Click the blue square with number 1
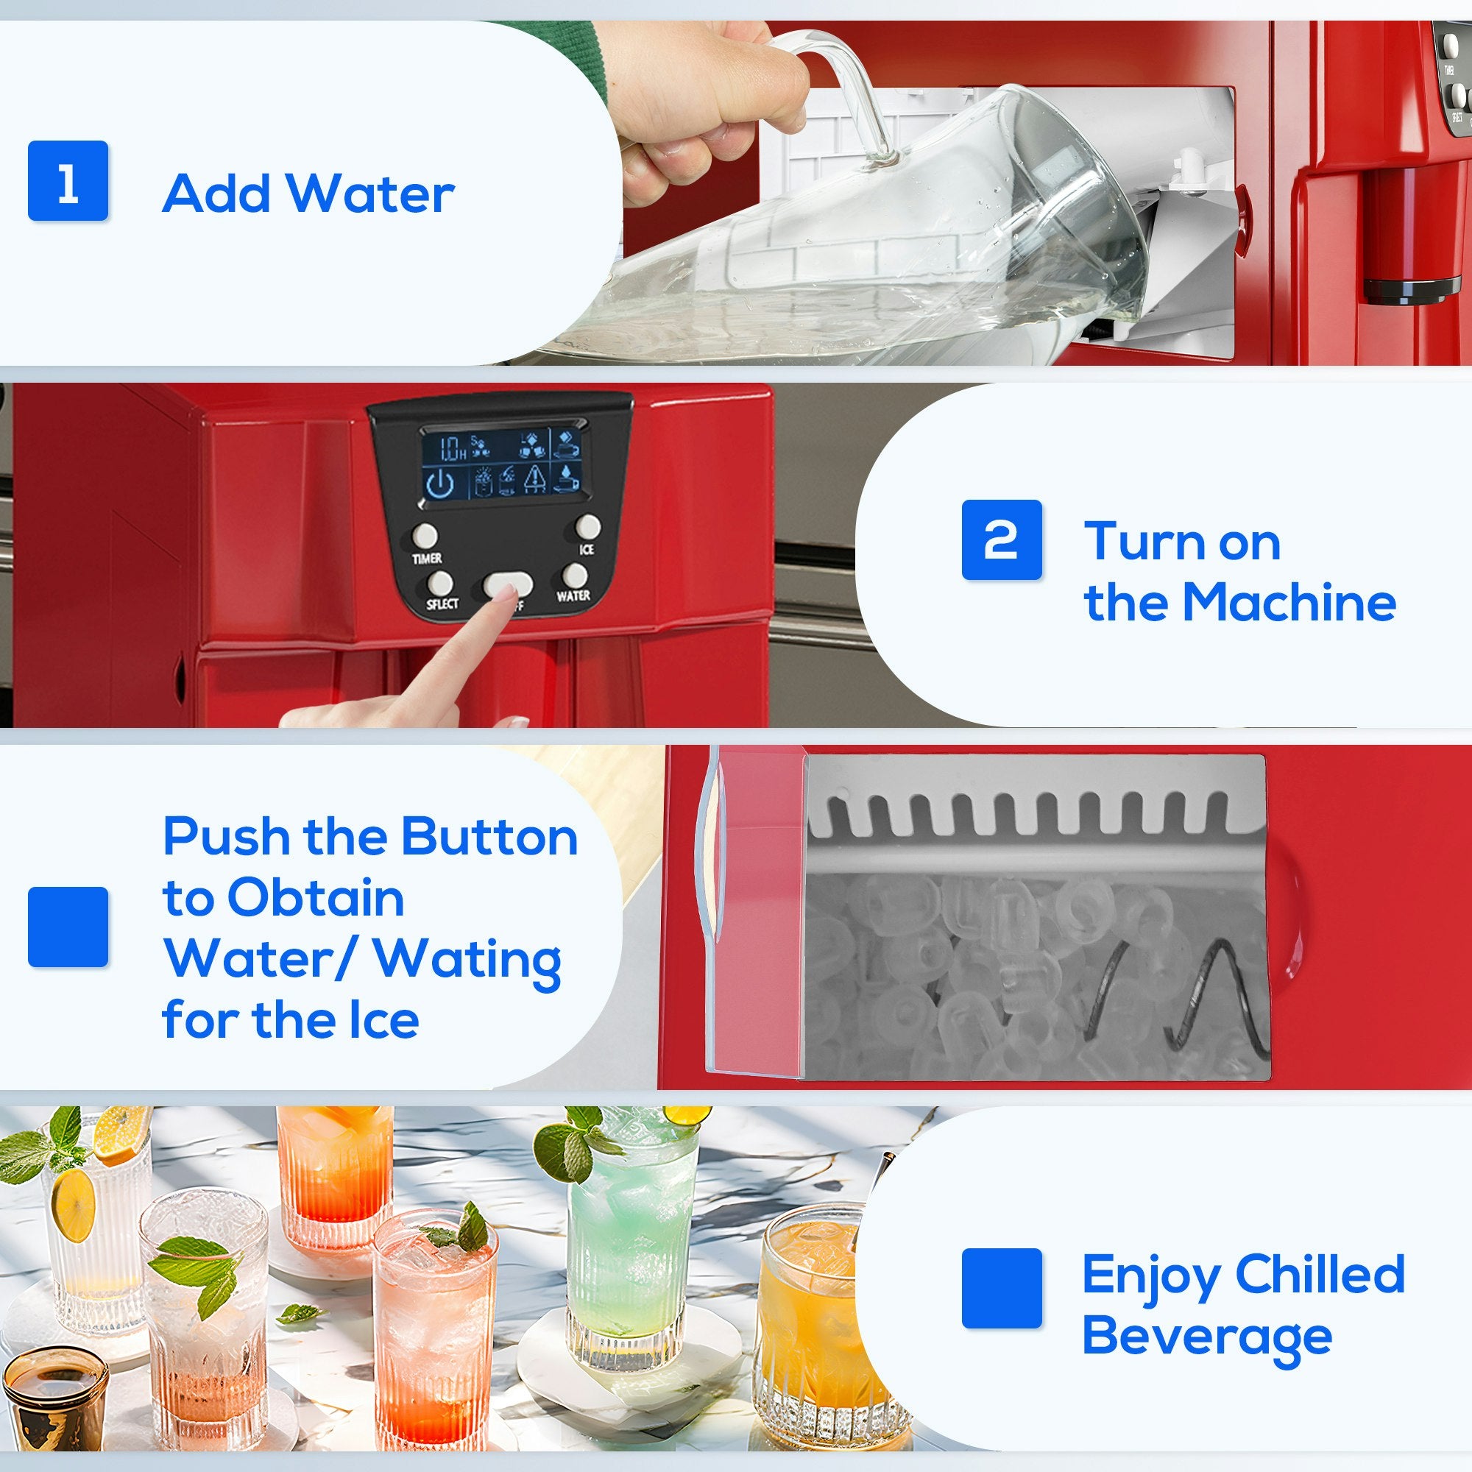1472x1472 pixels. tap(68, 180)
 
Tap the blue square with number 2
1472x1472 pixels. tap(1001, 539)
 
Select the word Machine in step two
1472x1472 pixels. tap(1289, 602)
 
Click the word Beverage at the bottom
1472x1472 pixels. tap(1207, 1337)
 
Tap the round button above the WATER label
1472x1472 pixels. tap(576, 576)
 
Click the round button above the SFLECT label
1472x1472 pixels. tap(439, 584)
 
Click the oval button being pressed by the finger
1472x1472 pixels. tap(507, 584)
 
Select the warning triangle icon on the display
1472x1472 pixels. tap(536, 478)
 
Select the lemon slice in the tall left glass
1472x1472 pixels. tap(74, 1204)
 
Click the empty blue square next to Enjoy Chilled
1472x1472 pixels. tap(1001, 1287)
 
